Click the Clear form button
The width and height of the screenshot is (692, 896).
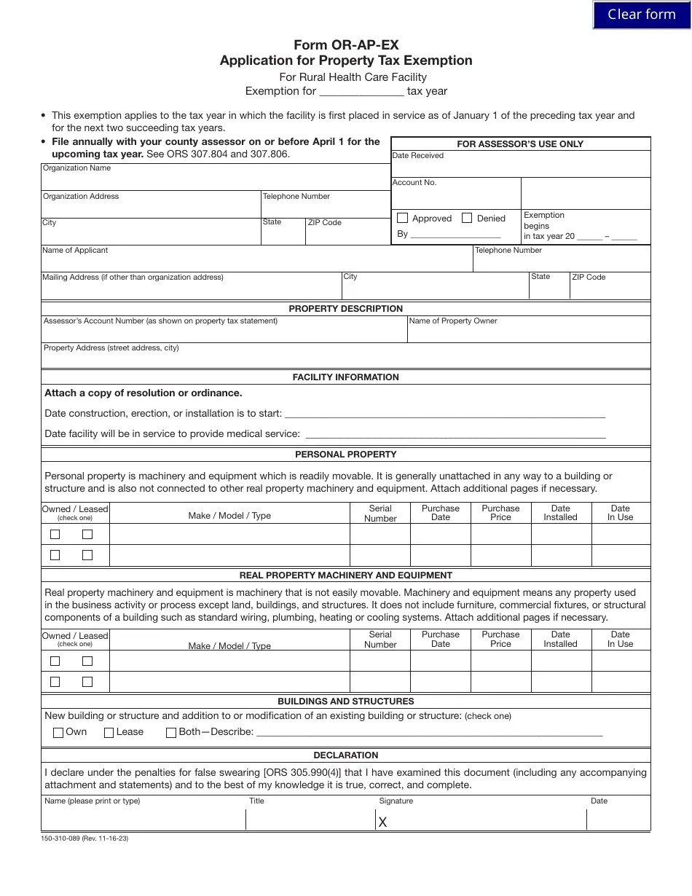pos(641,15)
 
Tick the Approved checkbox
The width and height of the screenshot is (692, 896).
pos(403,218)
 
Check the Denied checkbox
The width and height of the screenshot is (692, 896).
pos(467,218)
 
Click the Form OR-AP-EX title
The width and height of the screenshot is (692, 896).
pos(346,45)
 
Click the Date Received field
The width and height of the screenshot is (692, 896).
pos(520,168)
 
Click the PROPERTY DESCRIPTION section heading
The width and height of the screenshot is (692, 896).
pos(345,309)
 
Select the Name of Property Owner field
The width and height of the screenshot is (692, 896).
pos(528,333)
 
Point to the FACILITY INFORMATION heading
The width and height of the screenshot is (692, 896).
pos(345,377)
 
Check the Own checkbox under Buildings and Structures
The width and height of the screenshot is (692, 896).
pos(58,733)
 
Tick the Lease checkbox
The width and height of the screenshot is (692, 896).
pos(109,733)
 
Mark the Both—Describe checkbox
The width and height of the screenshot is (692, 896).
pos(171,733)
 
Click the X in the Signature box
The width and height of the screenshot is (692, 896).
pos(383,822)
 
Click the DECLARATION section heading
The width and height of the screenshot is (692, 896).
pos(345,755)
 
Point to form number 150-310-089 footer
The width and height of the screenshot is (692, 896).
pos(84,838)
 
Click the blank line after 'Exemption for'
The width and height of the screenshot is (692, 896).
pos(361,92)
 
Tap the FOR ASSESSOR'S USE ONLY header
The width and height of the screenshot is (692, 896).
pos(520,144)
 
